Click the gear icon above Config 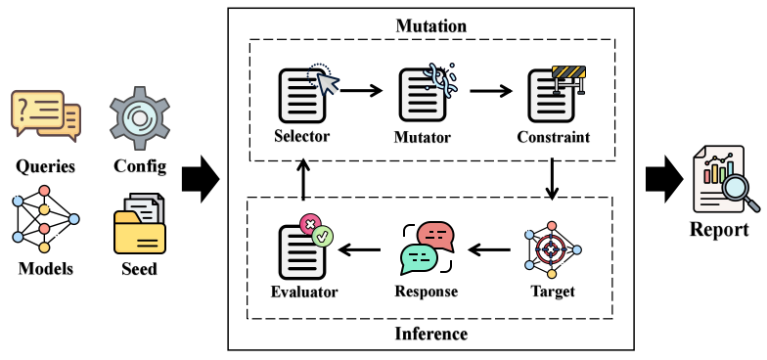tap(139, 119)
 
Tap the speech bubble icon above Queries tap(46, 115)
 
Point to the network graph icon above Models tap(45, 219)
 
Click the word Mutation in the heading tap(430, 25)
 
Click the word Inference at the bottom tap(430, 334)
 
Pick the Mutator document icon tap(427, 92)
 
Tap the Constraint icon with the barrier tap(556, 94)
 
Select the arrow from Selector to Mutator tap(361, 90)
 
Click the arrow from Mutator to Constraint tap(491, 91)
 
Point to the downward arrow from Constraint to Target tap(552, 178)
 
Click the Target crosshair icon tap(552, 249)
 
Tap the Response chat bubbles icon tap(427, 248)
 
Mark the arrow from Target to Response tap(489, 250)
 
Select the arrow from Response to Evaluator tap(359, 250)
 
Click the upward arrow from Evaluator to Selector tap(303, 180)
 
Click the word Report tap(719, 229)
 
